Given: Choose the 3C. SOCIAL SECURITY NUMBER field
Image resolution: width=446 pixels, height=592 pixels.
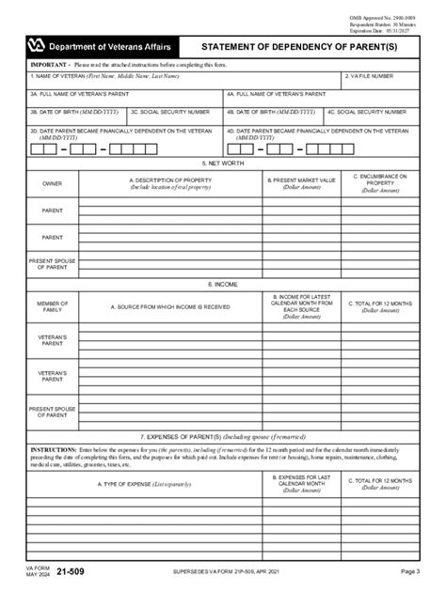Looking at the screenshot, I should (x=174, y=117).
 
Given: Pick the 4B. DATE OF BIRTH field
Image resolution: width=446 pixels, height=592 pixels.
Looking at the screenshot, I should (x=273, y=117).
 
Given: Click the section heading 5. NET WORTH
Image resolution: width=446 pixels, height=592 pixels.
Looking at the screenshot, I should (x=223, y=163).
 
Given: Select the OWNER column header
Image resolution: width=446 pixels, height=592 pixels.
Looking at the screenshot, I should (x=53, y=183).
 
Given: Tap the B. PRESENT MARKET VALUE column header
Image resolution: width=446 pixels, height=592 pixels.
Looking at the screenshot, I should (x=302, y=183).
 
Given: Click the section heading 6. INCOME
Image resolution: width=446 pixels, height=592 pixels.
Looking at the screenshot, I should (x=223, y=284).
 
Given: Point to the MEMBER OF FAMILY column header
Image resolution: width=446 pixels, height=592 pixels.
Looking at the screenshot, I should (x=53, y=306).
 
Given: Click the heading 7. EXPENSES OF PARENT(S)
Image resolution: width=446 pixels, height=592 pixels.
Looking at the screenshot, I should (x=223, y=437).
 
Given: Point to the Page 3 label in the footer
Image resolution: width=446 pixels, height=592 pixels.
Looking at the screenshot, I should (x=410, y=571).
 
